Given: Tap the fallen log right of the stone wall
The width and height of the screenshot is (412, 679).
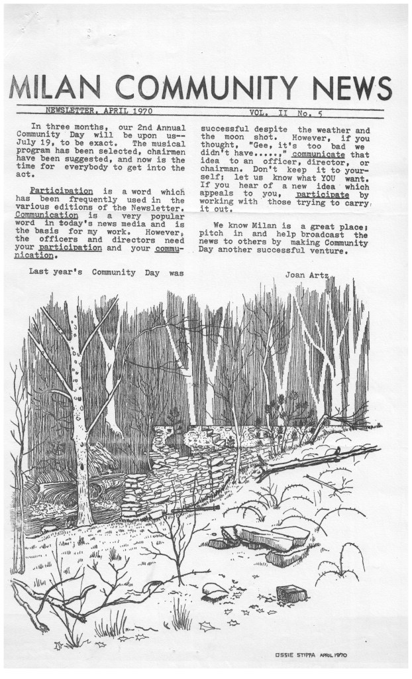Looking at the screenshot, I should pyautogui.click(x=311, y=462).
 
